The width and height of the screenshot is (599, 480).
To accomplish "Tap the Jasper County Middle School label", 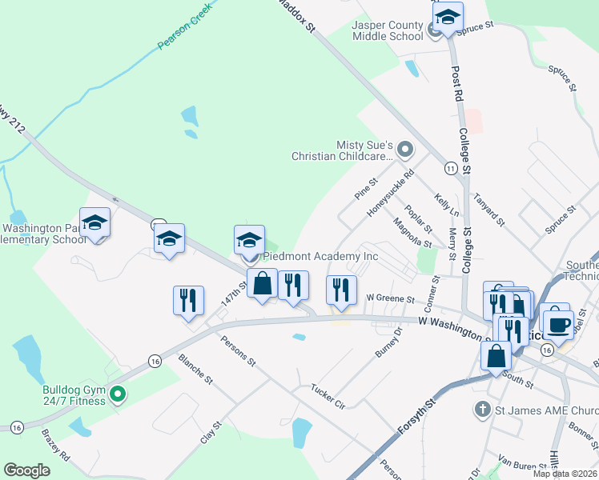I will (x=388, y=31).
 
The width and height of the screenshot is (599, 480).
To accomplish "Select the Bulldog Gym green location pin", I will (x=118, y=393).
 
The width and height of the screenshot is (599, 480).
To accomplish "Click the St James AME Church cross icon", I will (x=482, y=410).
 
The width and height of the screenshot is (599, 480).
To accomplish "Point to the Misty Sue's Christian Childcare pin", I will (x=404, y=149).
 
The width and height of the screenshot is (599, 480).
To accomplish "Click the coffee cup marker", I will (x=558, y=323).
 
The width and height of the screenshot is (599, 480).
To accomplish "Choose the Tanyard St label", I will (x=489, y=209).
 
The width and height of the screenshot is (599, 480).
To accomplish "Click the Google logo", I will (x=26, y=470).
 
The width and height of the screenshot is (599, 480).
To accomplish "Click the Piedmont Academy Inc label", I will (x=321, y=257).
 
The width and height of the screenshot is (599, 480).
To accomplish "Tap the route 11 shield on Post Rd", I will (x=452, y=168).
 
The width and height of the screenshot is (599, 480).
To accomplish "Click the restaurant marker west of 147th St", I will (x=188, y=300).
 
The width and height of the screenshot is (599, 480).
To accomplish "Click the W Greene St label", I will (x=389, y=299).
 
